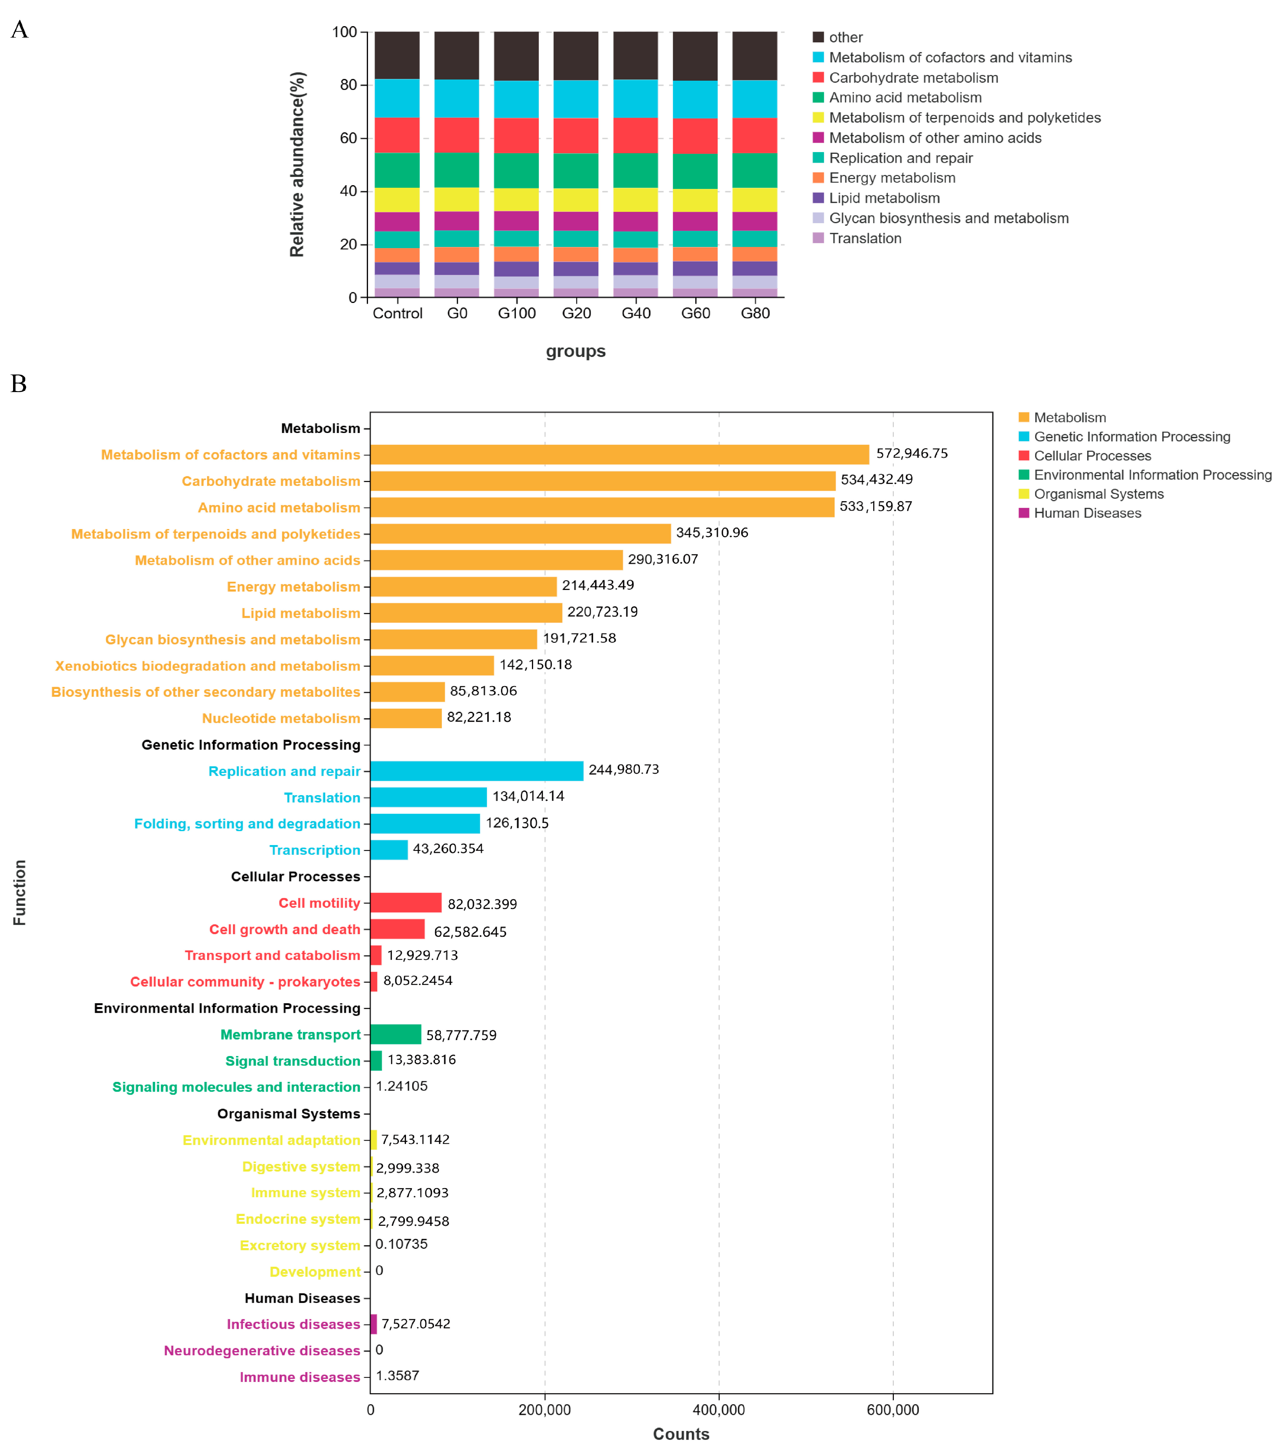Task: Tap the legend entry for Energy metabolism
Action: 892,178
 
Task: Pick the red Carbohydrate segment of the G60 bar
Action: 695,136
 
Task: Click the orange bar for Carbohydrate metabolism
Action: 603,481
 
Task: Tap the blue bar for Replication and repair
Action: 477,771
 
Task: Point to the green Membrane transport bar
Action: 396,1034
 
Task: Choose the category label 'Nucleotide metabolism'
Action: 281,719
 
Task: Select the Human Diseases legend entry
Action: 1087,513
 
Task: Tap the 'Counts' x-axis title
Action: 681,1434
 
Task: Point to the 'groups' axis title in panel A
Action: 575,351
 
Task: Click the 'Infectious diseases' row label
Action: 293,1324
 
